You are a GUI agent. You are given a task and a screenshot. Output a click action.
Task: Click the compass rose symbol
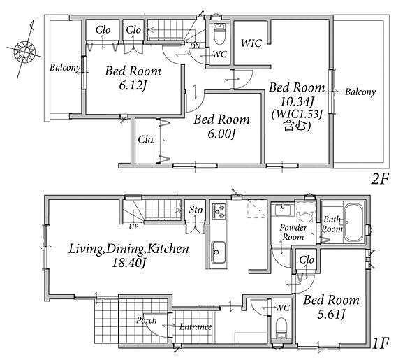coord(24,52)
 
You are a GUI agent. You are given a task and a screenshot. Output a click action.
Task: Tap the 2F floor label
coord(379,179)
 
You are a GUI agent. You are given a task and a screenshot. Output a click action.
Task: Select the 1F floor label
coord(381,343)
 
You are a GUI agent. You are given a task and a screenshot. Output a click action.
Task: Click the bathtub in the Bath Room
coord(353,222)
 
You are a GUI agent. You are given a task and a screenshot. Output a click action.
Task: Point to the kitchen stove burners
coord(219,211)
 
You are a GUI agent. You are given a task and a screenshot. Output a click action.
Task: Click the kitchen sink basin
coord(219,252)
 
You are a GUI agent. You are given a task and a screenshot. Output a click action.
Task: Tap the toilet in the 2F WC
coord(219,34)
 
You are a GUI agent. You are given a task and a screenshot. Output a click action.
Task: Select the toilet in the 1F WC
coord(281,328)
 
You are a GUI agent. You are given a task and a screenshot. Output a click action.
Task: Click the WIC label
coord(251,43)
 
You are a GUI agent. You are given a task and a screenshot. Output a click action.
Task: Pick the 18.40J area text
coord(128,263)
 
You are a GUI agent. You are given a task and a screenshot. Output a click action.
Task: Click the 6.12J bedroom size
coord(133,85)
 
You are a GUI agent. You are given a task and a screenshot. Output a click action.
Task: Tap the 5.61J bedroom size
coord(331,314)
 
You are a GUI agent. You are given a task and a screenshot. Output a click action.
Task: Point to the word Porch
coord(147,320)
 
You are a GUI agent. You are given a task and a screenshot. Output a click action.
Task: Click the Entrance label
coord(196,327)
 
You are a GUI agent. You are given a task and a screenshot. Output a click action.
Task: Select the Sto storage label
coord(196,210)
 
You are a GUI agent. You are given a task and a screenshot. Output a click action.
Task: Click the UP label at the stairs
coord(133,226)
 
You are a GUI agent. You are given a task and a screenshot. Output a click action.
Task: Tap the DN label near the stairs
coord(195,46)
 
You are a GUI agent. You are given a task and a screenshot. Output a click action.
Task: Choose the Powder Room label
coord(293,232)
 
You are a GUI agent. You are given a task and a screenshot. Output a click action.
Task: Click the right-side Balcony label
coord(360,92)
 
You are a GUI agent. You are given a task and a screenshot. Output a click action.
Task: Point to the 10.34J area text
coord(297,101)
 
